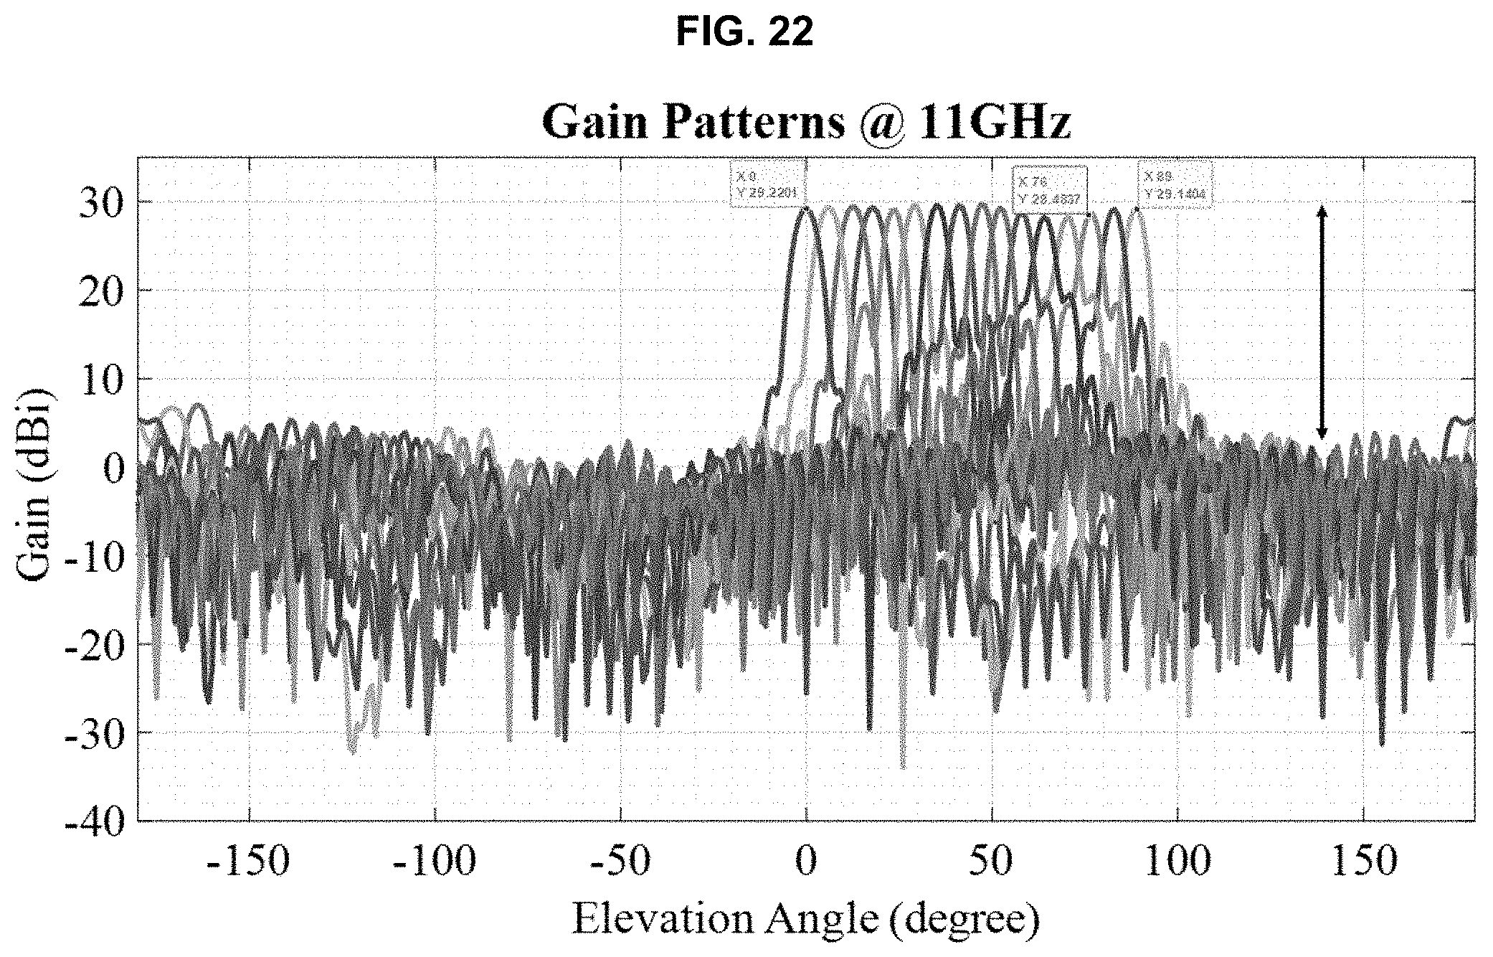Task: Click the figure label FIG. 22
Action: coord(745,32)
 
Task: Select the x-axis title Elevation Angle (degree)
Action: coord(805,920)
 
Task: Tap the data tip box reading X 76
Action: coord(1049,188)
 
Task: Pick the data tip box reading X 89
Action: coord(1174,184)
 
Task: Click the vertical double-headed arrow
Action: coord(1322,321)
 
